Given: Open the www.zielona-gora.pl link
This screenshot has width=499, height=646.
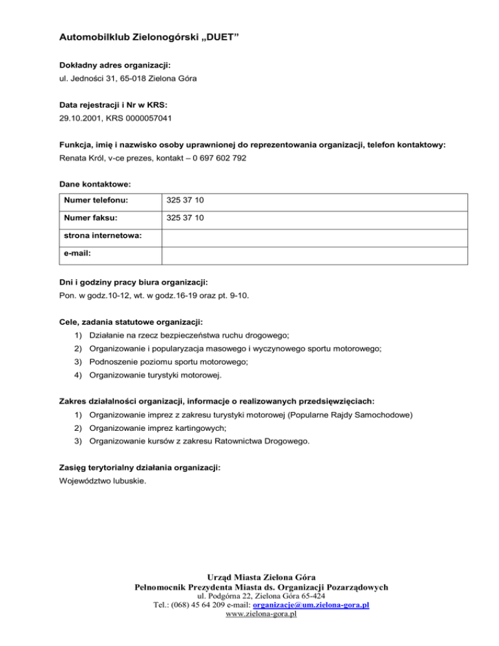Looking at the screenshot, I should pyautogui.click(x=260, y=614).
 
